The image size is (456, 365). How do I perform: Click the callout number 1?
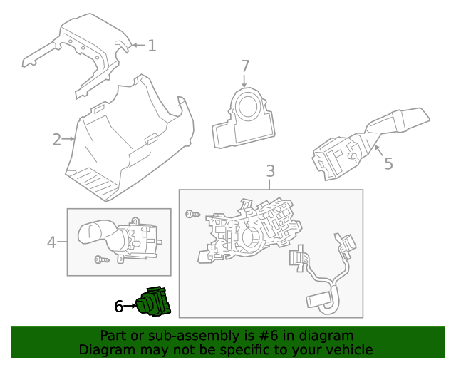(x=152, y=46)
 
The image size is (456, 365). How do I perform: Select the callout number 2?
(x=56, y=139)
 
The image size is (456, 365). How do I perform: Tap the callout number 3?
(x=270, y=172)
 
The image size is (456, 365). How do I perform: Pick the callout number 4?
(x=51, y=243)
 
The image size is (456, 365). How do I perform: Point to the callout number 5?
(x=388, y=164)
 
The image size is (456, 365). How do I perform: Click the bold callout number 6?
(x=119, y=307)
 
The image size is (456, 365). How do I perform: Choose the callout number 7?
(x=245, y=66)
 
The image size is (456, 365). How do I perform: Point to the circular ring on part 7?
(x=249, y=108)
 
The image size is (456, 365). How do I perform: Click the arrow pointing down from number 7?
(x=245, y=81)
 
